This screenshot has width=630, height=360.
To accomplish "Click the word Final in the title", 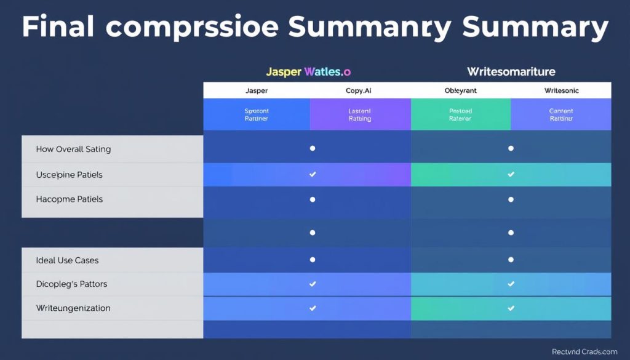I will (x=58, y=28).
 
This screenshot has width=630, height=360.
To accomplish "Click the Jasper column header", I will (x=257, y=90).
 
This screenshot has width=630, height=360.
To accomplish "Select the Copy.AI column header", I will (x=360, y=90).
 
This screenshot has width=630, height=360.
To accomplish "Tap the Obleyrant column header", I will (x=460, y=90).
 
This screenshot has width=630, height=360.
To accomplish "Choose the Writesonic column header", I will (x=561, y=90).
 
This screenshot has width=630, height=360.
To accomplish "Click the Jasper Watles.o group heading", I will (x=308, y=72).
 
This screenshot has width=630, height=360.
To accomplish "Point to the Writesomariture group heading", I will (x=511, y=72).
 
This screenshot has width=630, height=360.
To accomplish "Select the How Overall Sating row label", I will (x=74, y=149).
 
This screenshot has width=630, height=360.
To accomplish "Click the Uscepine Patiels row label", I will (x=70, y=175).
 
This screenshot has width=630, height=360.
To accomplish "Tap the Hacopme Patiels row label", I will (x=70, y=199).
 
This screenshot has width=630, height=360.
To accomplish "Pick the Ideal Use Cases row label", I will (x=68, y=260).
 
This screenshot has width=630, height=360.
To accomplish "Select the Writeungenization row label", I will (x=74, y=308).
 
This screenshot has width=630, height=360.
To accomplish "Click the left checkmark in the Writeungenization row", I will (x=313, y=308).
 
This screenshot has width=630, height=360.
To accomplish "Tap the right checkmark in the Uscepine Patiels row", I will (x=511, y=175).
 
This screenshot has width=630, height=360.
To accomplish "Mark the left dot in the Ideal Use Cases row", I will (x=313, y=260).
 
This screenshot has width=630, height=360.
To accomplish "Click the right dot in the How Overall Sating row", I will (x=511, y=148).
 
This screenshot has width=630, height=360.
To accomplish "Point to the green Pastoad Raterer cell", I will (x=460, y=114).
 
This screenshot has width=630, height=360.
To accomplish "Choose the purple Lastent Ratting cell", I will (x=360, y=114).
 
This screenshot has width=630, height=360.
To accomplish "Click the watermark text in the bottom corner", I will (x=584, y=351).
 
